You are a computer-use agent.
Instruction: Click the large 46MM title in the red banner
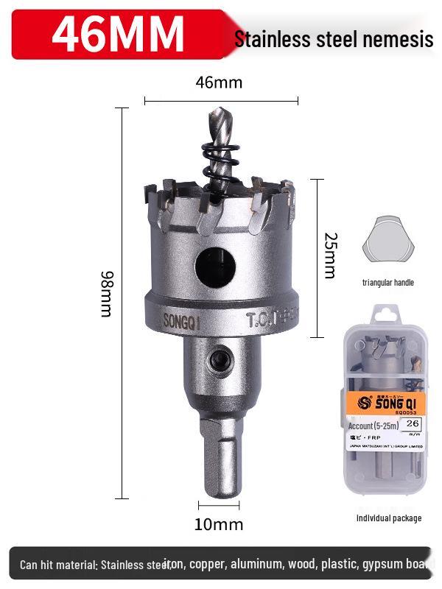118,33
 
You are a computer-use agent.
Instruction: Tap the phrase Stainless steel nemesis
333,39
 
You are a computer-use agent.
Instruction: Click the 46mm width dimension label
219,82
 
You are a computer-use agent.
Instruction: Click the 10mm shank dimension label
219,524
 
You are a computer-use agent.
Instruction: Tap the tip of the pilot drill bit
215,112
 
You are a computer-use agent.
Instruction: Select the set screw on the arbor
218,360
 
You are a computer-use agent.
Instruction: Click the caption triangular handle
387,283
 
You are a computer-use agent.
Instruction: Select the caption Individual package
389,518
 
